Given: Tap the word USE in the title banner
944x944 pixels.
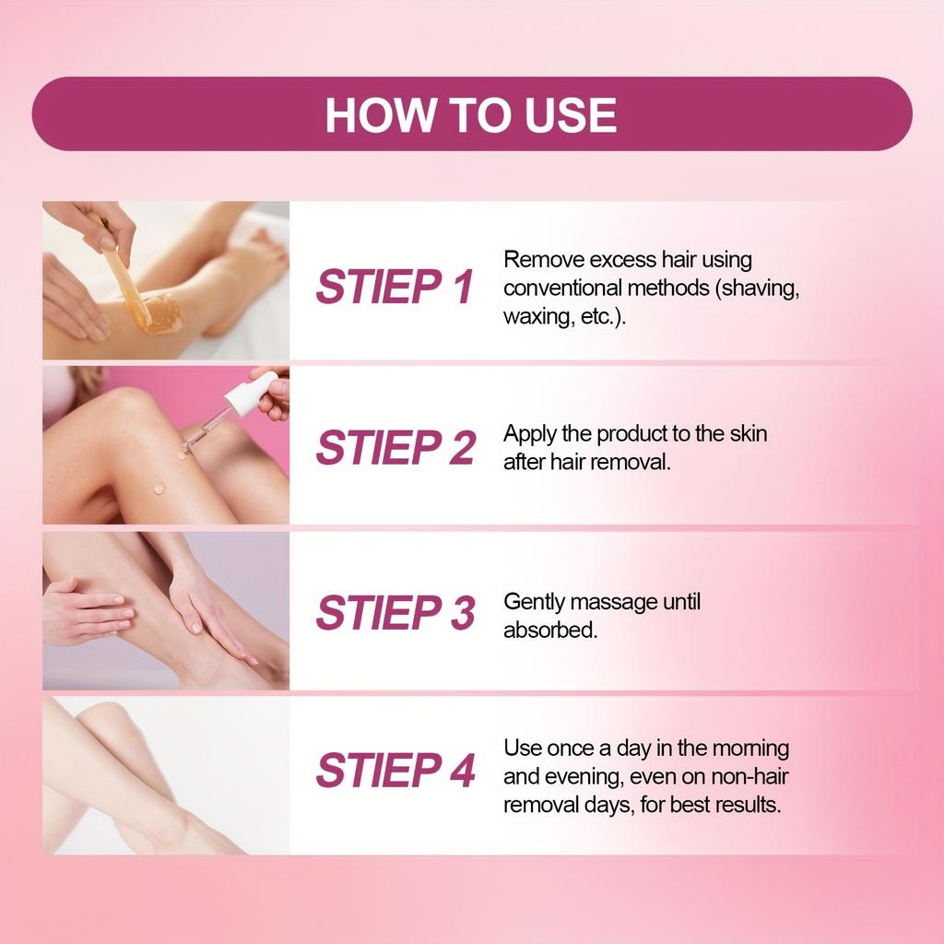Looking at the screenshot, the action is (570, 114).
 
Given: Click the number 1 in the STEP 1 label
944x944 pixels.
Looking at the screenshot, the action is (463, 287).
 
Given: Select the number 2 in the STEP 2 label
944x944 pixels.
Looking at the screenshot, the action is (462, 447).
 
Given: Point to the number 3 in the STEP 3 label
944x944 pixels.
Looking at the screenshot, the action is (462, 612).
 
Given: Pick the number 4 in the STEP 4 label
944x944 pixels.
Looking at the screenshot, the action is (462, 770).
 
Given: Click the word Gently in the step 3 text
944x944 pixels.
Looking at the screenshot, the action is (534, 602).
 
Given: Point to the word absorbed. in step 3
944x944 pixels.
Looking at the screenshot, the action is (550, 630).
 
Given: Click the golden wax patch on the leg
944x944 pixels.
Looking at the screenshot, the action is (159, 313).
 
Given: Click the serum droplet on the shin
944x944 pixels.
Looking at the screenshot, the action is (159, 488).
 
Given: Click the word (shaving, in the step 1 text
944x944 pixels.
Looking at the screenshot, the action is (758, 289).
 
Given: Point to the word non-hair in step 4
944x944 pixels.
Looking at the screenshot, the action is (749, 776).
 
